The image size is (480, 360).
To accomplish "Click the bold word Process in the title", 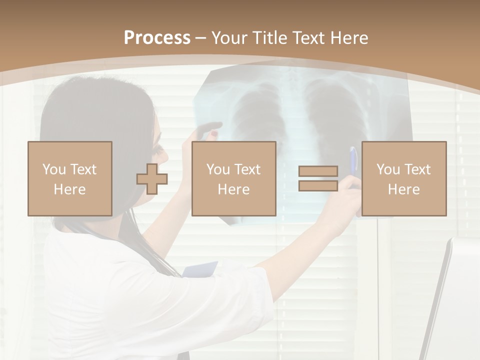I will pyautogui.click(x=157, y=38).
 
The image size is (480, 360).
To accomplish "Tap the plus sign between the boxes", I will pyautogui.click(x=152, y=178).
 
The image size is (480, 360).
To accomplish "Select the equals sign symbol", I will pyautogui.click(x=318, y=178).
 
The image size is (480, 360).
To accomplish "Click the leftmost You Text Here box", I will pyautogui.click(x=69, y=178).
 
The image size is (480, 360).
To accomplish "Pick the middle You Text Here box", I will pyautogui.click(x=233, y=178).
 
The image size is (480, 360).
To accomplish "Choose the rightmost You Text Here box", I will pyautogui.click(x=403, y=178).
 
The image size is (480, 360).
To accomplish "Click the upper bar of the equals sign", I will pyautogui.click(x=318, y=171).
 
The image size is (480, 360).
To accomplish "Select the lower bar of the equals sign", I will pyautogui.click(x=318, y=185).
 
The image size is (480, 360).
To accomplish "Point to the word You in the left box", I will pyautogui.click(x=53, y=169).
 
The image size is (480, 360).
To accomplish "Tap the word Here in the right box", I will pyautogui.click(x=403, y=189).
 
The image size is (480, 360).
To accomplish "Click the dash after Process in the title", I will pyautogui.click(x=201, y=38).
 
